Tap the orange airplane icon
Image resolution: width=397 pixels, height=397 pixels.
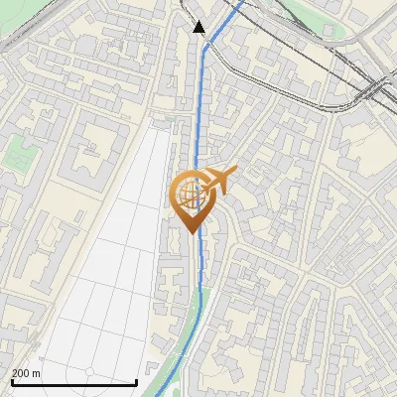pyautogui.click(x=218, y=181)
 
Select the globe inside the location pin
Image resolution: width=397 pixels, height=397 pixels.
pyautogui.click(x=190, y=194)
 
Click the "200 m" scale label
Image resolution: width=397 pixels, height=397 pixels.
pyautogui.click(x=26, y=373)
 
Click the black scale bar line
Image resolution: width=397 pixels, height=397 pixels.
pyautogui.click(x=74, y=382)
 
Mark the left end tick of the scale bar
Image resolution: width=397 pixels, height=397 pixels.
pyautogui.click(x=12, y=381)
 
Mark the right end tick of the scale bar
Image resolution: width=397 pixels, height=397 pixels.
pyautogui.click(x=137, y=381)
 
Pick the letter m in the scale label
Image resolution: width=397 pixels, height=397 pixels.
pyautogui.click(x=36, y=373)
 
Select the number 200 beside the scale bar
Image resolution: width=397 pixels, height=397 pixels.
pyautogui.click(x=21, y=373)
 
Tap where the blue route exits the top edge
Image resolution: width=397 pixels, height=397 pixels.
pyautogui.click(x=242, y=1)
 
